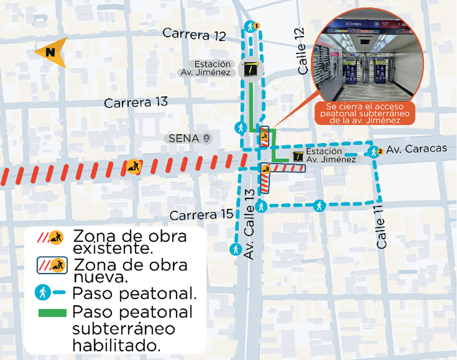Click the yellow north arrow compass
point(51,52)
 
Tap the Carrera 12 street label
point(194,35)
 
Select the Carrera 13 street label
point(136,102)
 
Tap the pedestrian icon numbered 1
point(251,26)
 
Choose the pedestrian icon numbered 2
point(374,152)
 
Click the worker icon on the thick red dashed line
point(133,166)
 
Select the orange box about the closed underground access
point(363,113)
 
